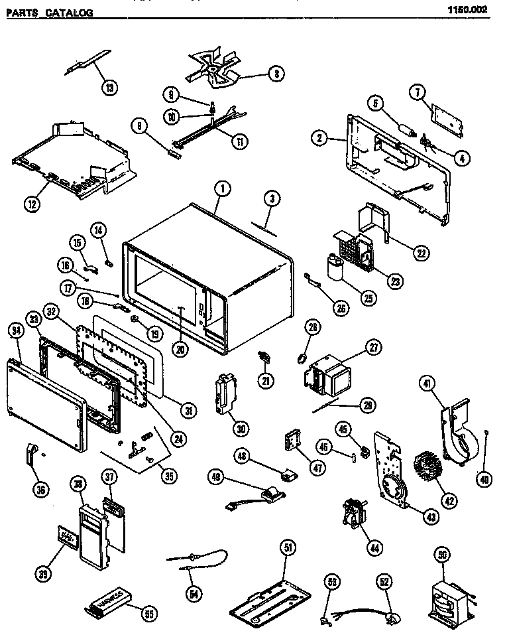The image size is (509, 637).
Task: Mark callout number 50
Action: point(441,553)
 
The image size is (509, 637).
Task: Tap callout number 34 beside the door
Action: point(15,329)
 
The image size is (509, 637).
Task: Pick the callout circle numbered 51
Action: point(288,547)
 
